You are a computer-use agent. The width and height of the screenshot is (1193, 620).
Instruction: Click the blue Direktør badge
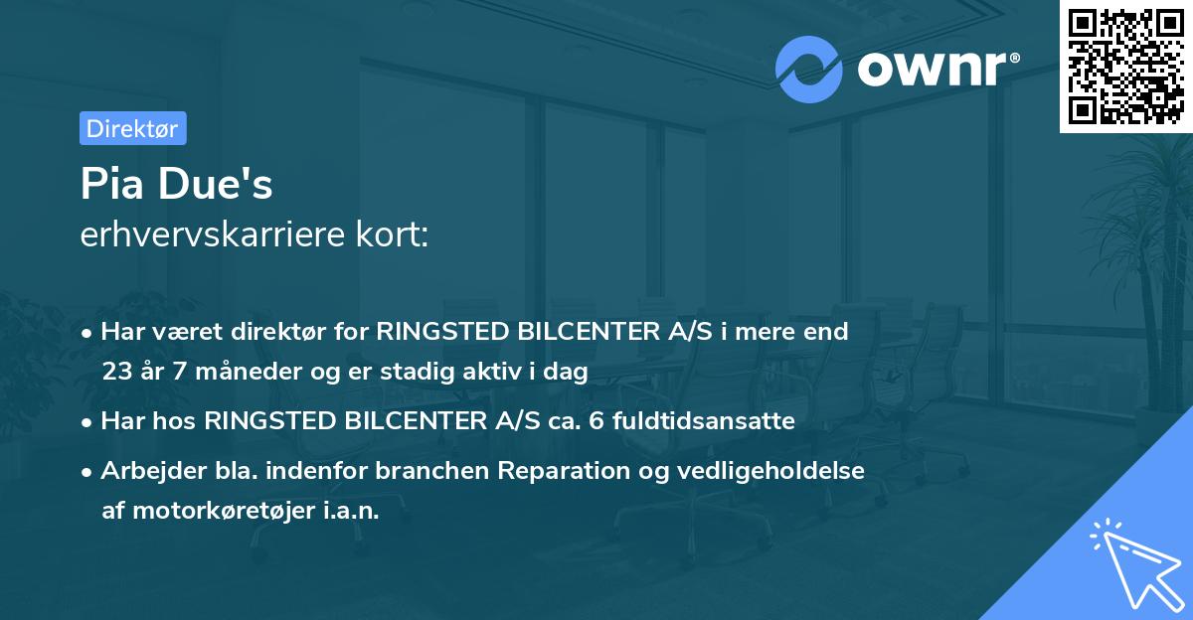(132, 128)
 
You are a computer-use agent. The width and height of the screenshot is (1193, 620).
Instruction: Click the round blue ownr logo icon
(808, 69)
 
